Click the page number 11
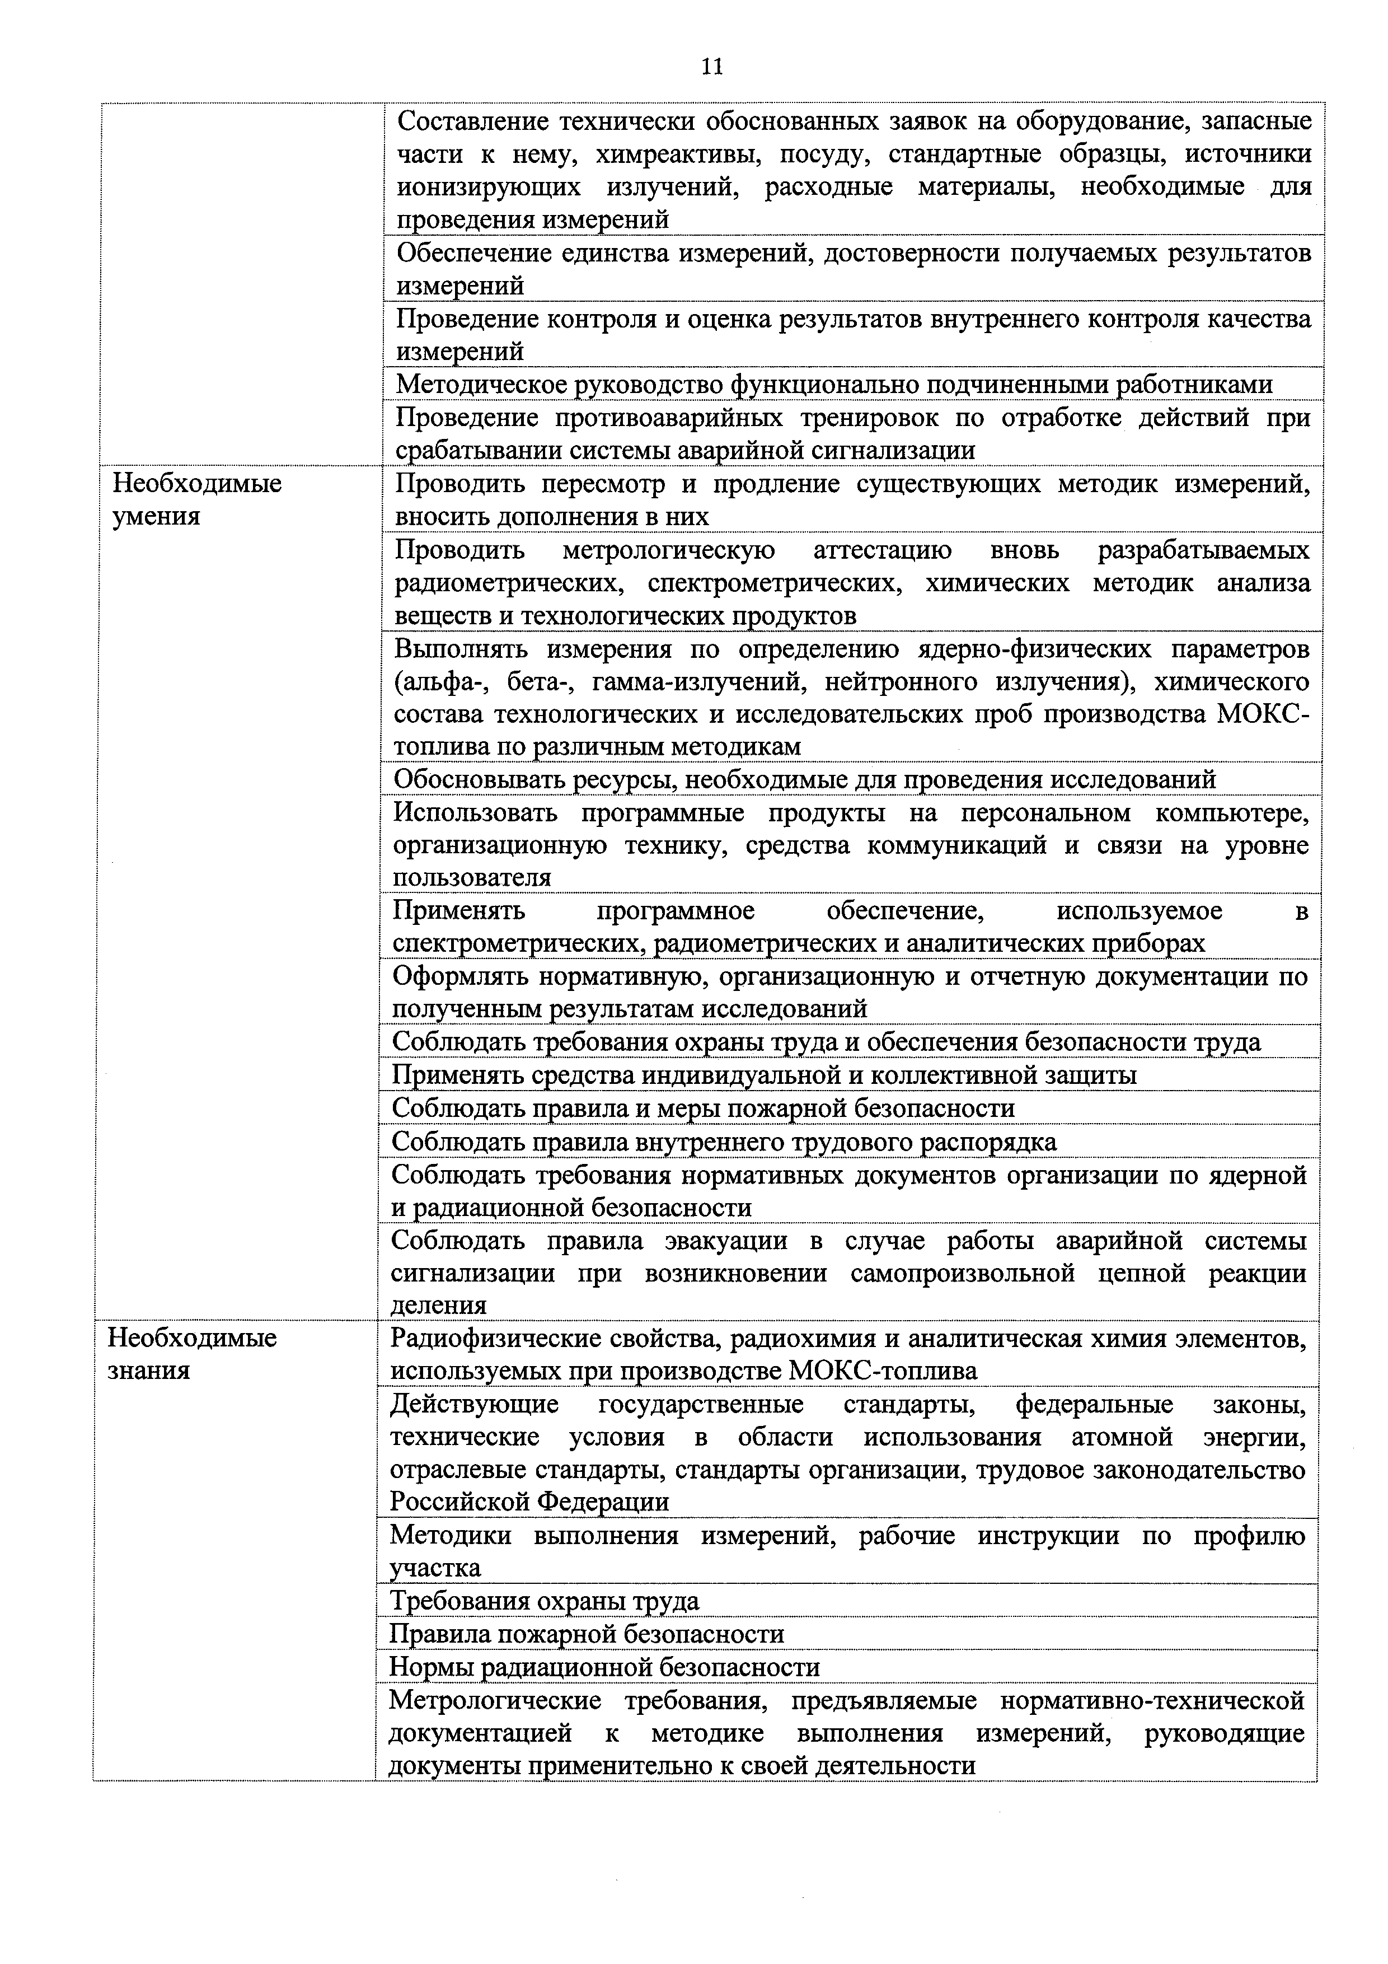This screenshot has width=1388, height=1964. click(x=711, y=66)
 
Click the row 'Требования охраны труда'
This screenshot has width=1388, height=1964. click(x=544, y=1600)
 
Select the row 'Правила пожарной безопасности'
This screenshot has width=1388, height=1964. click(x=586, y=1633)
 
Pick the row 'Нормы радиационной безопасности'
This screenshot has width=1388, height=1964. click(x=604, y=1666)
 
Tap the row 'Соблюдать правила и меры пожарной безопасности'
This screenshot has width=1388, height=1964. click(x=703, y=1108)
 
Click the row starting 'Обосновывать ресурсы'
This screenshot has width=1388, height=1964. click(x=804, y=779)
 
